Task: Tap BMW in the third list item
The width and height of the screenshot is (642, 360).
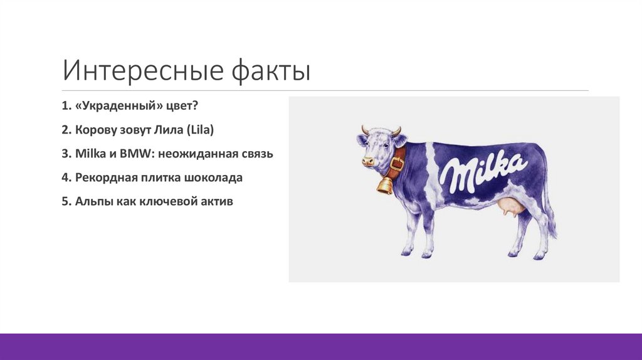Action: point(136,154)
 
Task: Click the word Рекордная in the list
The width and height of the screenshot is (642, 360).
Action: point(104,177)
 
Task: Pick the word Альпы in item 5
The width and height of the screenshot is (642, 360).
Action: point(92,201)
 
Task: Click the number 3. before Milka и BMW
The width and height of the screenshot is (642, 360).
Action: point(66,154)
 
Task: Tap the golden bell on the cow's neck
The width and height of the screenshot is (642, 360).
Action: point(384,185)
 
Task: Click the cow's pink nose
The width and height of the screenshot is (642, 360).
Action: point(367,161)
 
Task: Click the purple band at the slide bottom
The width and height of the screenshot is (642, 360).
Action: point(321,347)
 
